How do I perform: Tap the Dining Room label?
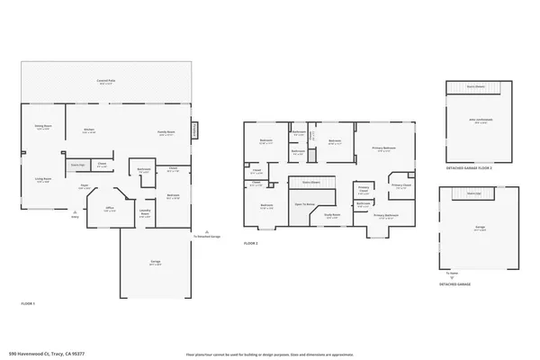[43, 127]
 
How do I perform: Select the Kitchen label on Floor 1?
[89, 132]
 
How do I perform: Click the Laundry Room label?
[144, 214]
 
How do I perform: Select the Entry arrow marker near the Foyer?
[75, 215]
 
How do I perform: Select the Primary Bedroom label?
[382, 149]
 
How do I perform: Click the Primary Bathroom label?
[385, 216]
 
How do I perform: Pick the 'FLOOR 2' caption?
[251, 244]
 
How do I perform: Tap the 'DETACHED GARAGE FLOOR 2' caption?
[468, 169]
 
